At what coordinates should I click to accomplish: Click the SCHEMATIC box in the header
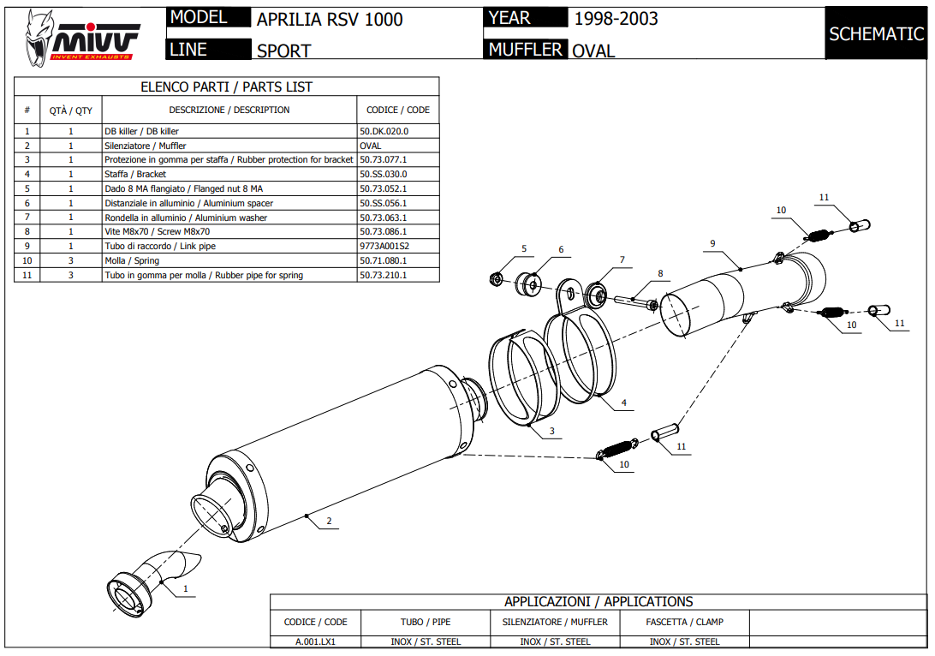(876, 34)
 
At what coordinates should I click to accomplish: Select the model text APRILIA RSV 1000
(330, 20)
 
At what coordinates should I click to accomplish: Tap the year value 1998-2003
(616, 19)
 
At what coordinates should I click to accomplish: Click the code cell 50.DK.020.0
(384, 131)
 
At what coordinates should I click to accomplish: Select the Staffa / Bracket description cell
(135, 174)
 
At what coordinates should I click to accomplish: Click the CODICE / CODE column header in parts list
(397, 110)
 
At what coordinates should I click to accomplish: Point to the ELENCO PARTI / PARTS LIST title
(226, 86)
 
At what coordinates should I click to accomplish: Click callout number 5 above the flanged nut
(523, 249)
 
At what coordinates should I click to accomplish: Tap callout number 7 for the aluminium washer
(622, 259)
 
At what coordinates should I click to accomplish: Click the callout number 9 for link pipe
(712, 243)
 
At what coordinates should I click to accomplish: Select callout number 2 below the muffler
(329, 521)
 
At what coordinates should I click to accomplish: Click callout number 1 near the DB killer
(185, 588)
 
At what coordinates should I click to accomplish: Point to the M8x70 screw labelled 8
(634, 300)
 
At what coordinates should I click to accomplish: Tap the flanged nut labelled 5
(496, 278)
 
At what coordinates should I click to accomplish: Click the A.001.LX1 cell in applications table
(315, 641)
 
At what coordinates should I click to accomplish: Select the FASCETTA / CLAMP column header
(685, 622)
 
